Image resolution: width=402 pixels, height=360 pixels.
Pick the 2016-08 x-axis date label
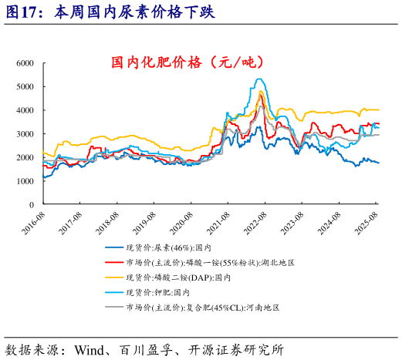point(34,220)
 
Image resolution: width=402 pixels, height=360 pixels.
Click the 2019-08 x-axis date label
point(147,220)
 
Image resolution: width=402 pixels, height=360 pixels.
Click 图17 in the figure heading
point(22,13)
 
